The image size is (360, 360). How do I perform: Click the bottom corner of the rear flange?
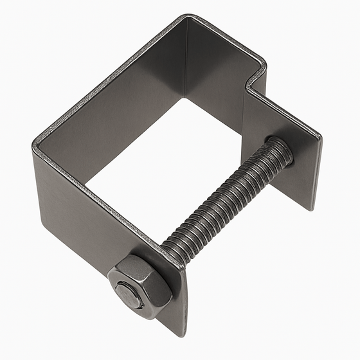click(x=313, y=210)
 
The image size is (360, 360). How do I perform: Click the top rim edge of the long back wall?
click(x=109, y=77)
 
